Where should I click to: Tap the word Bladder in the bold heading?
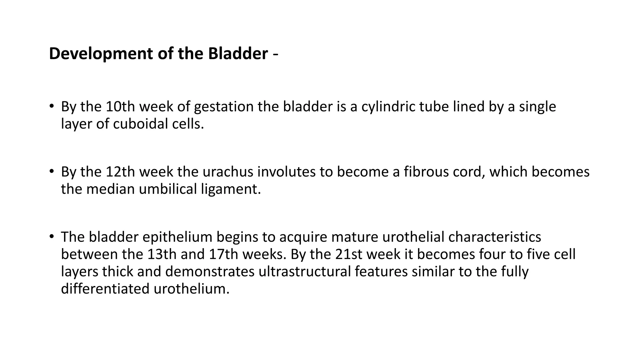pyautogui.click(x=238, y=53)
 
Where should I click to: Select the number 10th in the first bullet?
pyautogui.click(x=120, y=107)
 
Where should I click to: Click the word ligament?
pyautogui.click(x=231, y=189)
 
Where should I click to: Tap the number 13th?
pyautogui.click(x=162, y=254)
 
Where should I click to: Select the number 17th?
pyautogui.click(x=223, y=254)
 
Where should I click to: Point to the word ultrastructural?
pyautogui.click(x=305, y=271)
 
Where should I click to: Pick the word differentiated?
pyautogui.click(x=105, y=288)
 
